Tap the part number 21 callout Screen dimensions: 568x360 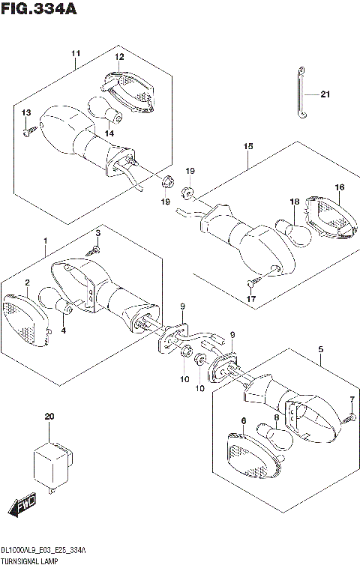click(325, 94)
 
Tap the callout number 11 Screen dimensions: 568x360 click(76, 53)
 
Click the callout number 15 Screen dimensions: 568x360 click(247, 148)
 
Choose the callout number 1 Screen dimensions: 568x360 click(46, 241)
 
